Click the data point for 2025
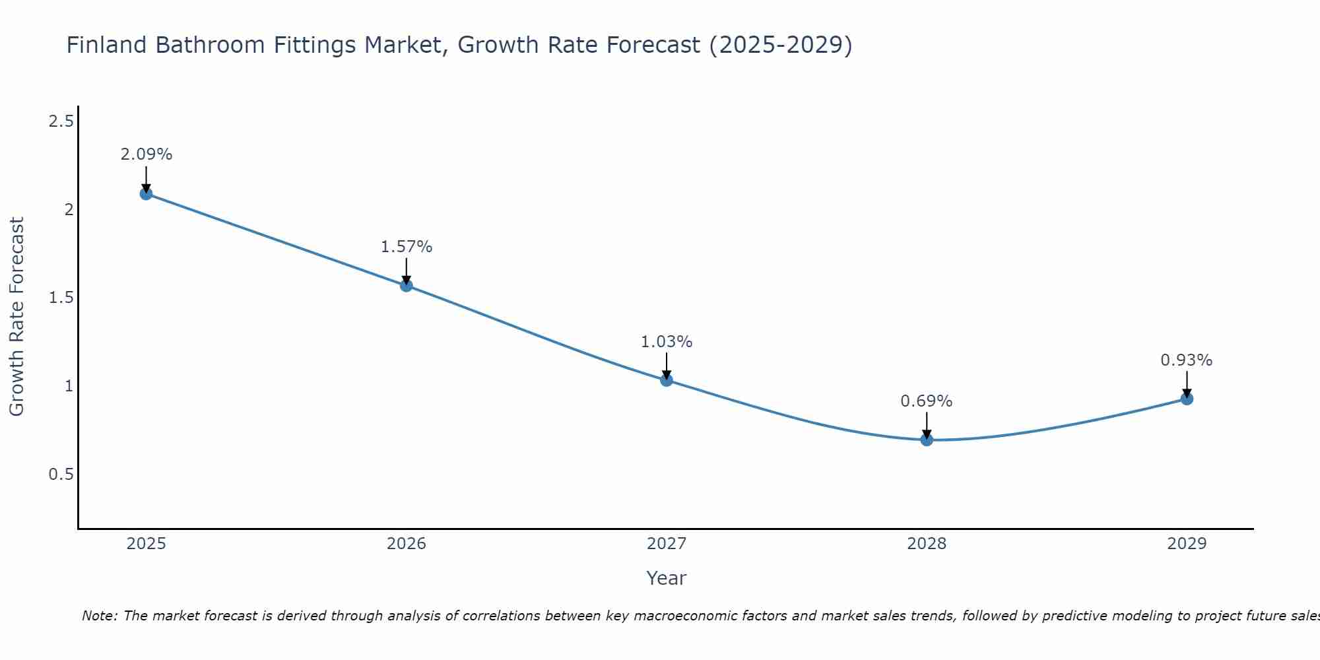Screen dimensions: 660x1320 (146, 193)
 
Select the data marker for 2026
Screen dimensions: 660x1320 (406, 285)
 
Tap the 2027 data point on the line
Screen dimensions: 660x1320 (666, 380)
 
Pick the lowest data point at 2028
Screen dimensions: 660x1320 (926, 440)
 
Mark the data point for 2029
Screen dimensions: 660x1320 (1186, 399)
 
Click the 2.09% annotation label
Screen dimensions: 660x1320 (146, 154)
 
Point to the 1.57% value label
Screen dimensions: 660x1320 (406, 247)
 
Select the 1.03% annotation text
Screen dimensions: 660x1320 (666, 342)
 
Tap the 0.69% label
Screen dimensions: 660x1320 (926, 401)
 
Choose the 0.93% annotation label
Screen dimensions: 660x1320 (1186, 360)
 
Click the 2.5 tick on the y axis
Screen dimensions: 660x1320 (61, 121)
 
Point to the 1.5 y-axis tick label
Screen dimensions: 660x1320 (61, 298)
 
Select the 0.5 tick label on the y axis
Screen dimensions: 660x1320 (61, 475)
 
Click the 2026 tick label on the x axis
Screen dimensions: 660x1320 (406, 544)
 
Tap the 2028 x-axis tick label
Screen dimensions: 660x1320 (926, 544)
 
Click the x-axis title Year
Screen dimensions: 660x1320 (666, 578)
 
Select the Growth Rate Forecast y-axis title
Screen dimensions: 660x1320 (16, 317)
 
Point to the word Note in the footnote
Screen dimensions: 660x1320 (98, 616)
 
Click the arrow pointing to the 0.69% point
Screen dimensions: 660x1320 (926, 424)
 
